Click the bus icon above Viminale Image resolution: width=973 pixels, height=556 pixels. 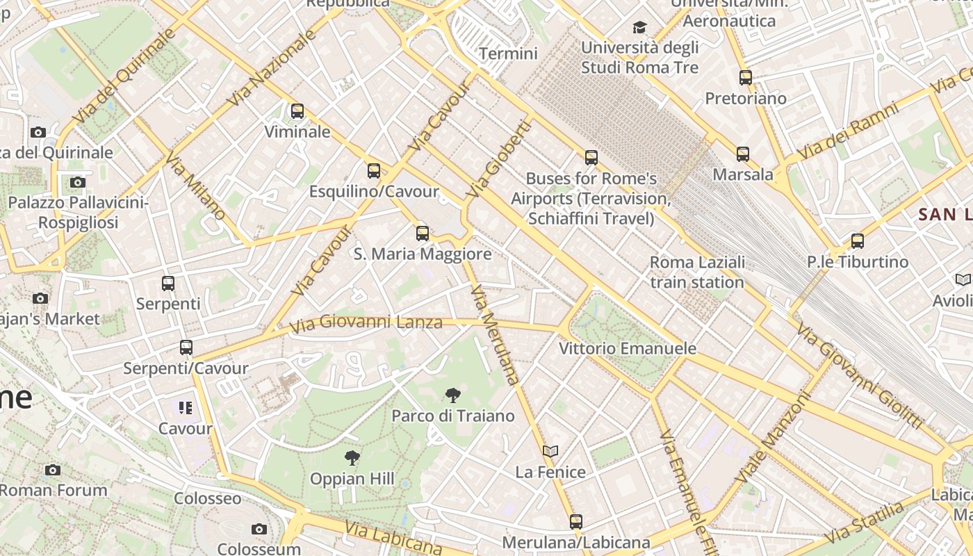pos(297,111)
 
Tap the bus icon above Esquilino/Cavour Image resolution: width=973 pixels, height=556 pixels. pos(374,170)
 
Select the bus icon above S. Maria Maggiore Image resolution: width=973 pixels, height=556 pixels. pos(423,234)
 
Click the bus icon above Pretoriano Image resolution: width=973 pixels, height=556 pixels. pos(746,77)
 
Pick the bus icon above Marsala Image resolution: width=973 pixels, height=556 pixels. pos(743,154)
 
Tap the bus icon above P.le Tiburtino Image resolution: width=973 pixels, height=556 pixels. pos(858,241)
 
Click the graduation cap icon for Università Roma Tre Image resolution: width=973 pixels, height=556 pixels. pos(639,27)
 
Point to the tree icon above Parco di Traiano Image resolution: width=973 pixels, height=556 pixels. pos(453,395)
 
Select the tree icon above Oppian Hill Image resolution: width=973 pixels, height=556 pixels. pos(352,458)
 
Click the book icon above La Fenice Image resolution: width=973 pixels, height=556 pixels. pos(550,452)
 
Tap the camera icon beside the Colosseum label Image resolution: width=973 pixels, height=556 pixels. pos(259,530)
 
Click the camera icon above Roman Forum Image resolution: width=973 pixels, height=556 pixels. pos(53,470)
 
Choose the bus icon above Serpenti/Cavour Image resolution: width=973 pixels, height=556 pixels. pos(186,347)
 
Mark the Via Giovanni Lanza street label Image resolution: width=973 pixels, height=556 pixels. pos(366,323)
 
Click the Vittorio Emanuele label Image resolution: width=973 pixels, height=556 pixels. pos(628,348)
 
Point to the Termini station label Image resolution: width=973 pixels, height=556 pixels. pos(509,54)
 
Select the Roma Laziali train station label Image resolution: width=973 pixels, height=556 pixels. pos(697,272)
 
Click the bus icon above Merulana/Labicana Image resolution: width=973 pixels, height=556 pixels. pos(576,521)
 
